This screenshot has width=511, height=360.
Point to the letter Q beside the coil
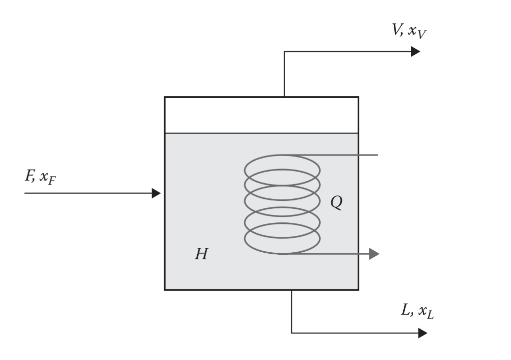(x=337, y=203)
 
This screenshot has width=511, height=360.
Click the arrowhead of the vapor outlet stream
(x=415, y=51)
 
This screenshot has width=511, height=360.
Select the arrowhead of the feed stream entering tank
(x=156, y=192)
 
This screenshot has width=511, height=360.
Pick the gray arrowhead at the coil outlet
(x=374, y=254)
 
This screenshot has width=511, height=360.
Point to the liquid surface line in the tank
(x=225, y=133)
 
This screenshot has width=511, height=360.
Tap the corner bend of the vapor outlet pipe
(x=284, y=52)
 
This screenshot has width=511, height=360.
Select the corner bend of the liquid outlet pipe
(x=291, y=333)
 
